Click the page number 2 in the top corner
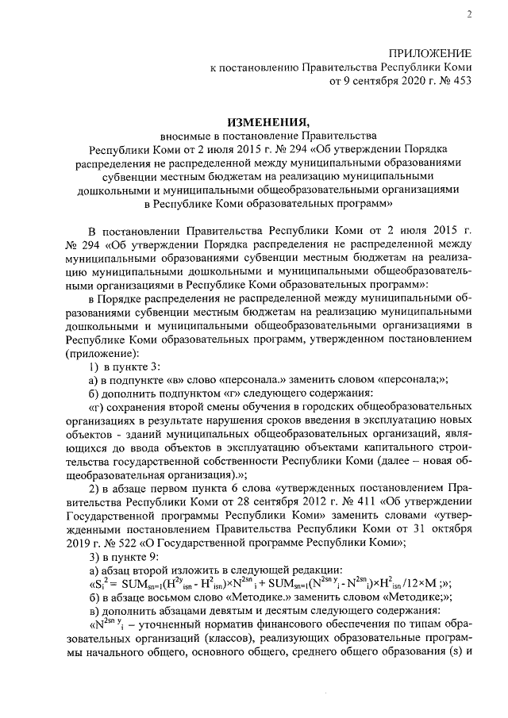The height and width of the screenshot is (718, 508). [468, 13]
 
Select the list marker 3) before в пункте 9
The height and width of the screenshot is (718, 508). [93, 555]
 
